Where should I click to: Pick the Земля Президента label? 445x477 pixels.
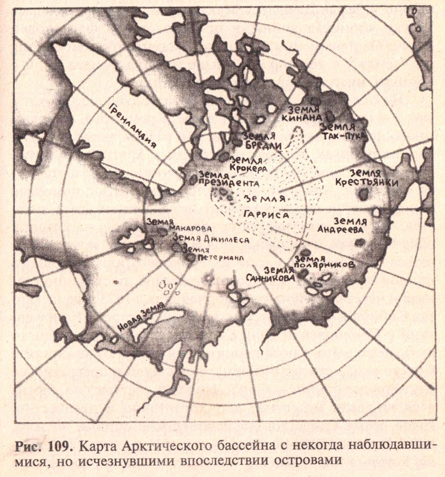(225, 180)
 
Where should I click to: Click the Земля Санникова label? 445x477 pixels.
(279, 274)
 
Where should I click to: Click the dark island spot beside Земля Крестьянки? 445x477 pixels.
(363, 195)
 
